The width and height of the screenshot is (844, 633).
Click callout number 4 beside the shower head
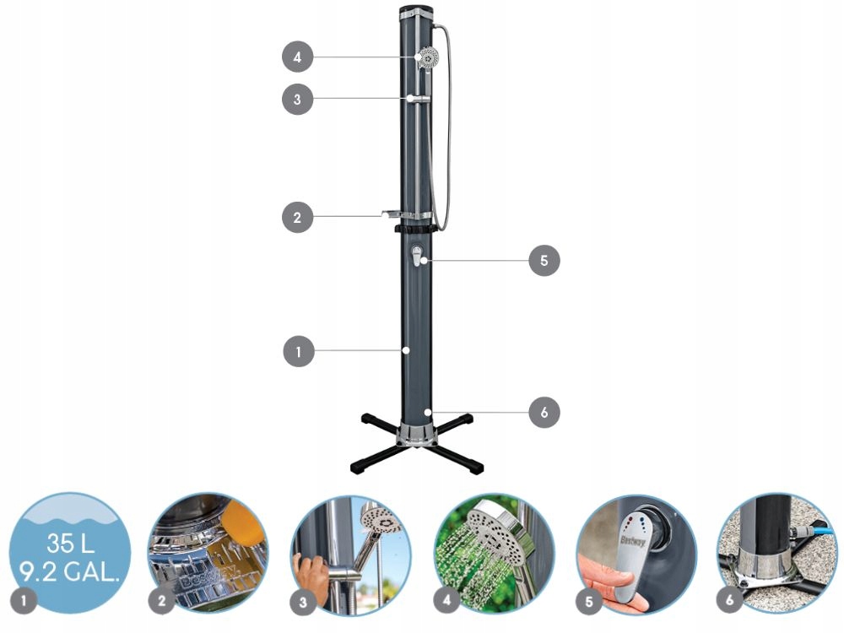coord(298,57)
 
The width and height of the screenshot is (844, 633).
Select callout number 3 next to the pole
coord(298,99)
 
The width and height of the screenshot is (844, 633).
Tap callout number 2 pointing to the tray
coord(298,218)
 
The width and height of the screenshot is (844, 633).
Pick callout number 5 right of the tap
coord(544,261)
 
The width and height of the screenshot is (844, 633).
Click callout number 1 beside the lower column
coord(299,351)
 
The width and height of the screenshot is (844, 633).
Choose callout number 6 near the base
coord(544,413)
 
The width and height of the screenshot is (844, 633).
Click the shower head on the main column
coord(427,57)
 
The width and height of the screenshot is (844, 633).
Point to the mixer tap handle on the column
coord(417,256)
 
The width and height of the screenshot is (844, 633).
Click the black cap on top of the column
coord(416,9)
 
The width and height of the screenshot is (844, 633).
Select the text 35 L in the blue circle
coord(71,543)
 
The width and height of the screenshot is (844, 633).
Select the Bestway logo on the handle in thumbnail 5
coord(633,540)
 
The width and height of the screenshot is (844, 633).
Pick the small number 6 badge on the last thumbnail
coord(729,599)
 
